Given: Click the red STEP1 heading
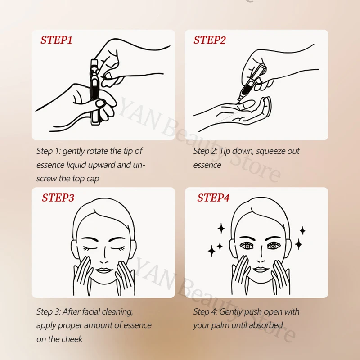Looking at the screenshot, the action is coord(57,40).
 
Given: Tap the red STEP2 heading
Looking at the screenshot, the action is coord(210,40).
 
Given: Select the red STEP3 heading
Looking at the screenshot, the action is coord(58,198).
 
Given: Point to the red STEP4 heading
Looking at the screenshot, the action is coord(213,198).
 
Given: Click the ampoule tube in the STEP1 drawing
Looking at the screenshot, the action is coord(94,92).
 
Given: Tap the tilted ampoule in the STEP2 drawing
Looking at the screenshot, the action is coord(252,83).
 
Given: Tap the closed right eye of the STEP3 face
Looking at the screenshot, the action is coord(118,248).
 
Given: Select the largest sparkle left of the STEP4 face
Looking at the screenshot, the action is coord(211,251).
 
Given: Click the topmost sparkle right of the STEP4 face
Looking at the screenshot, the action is coord(302,230).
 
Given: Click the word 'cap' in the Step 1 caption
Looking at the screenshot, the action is coord(93,179).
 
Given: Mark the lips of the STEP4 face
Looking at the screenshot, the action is coord(261,270).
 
